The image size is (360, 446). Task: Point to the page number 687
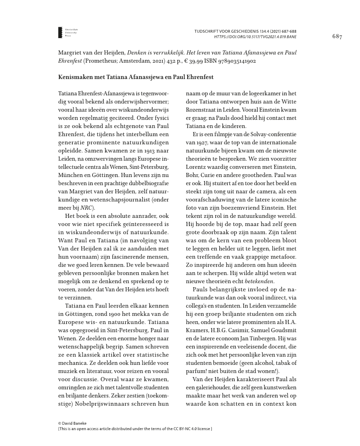337,36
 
